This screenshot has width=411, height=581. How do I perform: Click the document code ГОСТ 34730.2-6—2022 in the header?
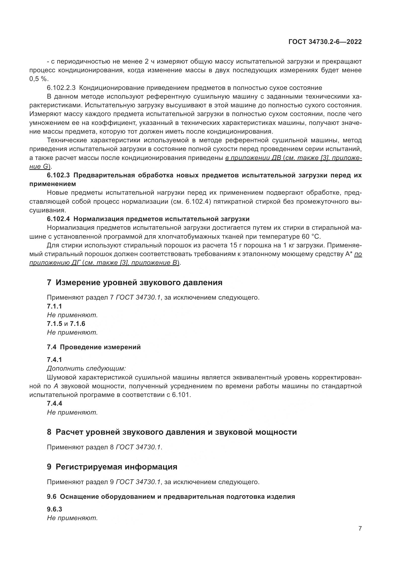click(x=325, y=42)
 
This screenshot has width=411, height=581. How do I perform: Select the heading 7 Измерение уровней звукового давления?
click(x=134, y=282)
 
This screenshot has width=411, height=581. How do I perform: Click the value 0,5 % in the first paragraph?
click(x=38, y=79)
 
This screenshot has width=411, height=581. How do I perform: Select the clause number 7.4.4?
click(x=54, y=403)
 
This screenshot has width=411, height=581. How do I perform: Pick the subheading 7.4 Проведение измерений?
click(x=94, y=347)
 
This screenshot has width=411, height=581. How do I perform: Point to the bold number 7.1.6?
click(x=78, y=324)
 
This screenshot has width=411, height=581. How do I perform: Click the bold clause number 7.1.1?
click(x=54, y=306)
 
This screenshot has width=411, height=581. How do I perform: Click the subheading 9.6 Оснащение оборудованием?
click(x=171, y=497)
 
